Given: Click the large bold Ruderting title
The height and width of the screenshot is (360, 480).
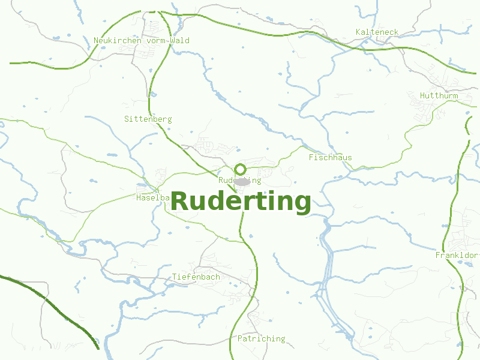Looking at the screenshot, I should coord(241,202).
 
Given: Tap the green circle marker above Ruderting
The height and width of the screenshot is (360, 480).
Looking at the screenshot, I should coord(241,169).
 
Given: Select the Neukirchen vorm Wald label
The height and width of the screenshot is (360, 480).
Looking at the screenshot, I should coord(142,41).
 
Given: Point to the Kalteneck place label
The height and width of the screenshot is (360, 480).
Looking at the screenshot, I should coord(377,32).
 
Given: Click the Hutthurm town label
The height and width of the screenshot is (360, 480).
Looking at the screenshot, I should coord(439,96).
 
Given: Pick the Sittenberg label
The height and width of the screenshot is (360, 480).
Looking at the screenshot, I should coord(148,119).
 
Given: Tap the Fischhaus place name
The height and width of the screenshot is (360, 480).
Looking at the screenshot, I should coord(330,158).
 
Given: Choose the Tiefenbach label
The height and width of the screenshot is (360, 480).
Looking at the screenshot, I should coord(196,277).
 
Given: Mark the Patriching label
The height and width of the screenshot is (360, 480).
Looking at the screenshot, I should coord(261,339).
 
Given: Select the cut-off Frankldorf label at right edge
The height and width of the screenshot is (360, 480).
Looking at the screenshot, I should coord(457,256).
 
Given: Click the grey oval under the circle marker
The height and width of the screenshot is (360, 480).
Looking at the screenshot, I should coord(242,181).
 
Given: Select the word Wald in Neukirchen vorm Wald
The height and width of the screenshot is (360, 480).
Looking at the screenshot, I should coord(180,41).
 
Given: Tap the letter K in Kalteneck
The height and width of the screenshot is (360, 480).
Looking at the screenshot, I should coord(358,32).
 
